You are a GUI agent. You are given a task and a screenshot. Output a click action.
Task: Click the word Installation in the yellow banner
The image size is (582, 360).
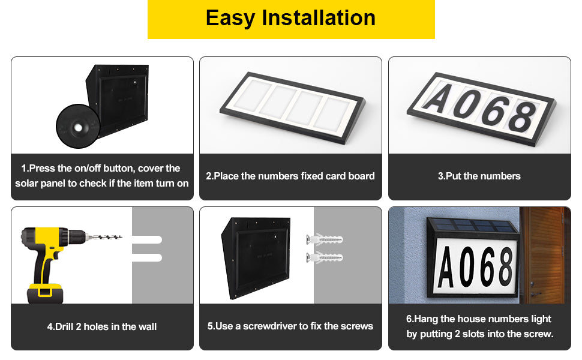(319, 18)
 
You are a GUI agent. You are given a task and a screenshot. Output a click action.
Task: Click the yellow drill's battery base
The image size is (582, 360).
(45, 293)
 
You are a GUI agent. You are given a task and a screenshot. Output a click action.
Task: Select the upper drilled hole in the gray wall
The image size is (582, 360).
(148, 239)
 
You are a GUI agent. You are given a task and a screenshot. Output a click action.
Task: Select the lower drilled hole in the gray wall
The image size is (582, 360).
(148, 257)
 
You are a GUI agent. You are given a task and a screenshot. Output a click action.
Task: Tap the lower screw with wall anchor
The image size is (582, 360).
(324, 258)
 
